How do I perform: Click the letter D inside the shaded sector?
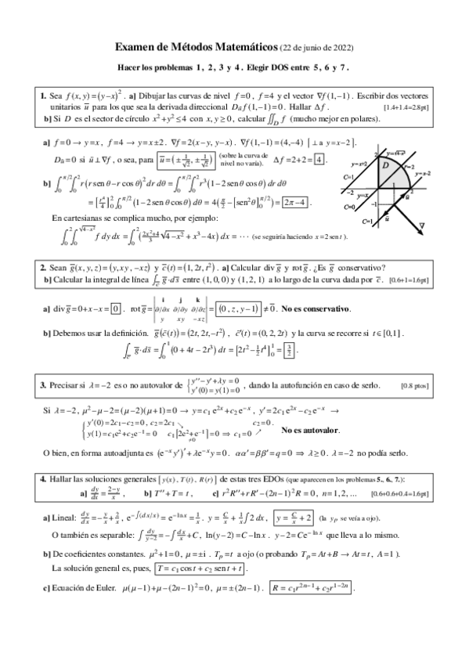pyautogui.click(x=386, y=164)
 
